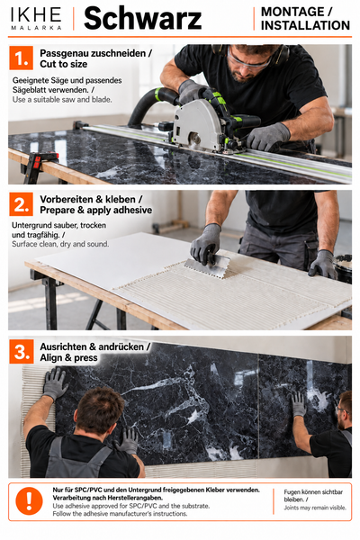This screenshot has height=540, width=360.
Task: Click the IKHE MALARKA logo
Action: tap(36, 19)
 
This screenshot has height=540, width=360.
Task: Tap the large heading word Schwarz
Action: tap(142, 19)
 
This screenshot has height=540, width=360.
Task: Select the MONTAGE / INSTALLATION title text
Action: tap(305, 19)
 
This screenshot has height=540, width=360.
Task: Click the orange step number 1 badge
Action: tap(22, 58)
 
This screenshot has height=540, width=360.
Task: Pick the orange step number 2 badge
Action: tap(22, 204)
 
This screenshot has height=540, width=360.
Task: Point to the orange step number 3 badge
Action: tap(22, 352)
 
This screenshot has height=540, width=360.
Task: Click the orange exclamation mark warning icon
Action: tap(30, 501)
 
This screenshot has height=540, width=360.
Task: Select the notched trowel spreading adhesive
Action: tap(207, 266)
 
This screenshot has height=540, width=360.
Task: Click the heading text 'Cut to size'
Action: tap(63, 65)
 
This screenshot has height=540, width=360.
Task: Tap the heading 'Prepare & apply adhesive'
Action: tap(95, 210)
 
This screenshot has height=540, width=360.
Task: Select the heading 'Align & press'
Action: tap(68, 358)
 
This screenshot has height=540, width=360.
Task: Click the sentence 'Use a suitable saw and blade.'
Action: tap(62, 100)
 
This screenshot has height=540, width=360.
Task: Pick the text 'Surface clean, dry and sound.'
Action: tap(60, 244)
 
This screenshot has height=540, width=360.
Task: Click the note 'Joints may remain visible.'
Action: tap(315, 508)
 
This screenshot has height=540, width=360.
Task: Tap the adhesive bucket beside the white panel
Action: tap(343, 268)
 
